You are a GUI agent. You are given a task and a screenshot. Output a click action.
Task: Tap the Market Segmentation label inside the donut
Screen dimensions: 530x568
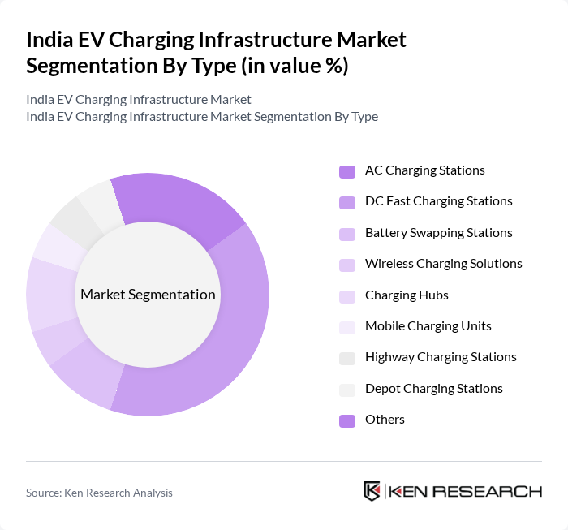148,295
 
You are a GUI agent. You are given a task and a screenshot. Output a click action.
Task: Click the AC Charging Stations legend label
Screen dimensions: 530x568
424,170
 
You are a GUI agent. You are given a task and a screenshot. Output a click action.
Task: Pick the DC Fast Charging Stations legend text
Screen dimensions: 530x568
438,201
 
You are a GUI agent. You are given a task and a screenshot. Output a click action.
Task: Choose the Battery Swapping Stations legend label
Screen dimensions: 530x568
438,233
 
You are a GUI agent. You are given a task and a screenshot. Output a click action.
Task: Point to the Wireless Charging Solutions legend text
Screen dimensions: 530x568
443,264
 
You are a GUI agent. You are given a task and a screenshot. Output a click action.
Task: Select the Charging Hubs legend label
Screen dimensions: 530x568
407,295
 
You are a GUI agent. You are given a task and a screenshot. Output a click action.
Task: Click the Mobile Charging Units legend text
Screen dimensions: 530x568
428,326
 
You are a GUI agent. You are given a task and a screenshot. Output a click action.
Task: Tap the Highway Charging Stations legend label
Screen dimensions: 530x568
441,357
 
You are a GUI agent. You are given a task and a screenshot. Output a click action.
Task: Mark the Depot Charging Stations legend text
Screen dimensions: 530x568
433,389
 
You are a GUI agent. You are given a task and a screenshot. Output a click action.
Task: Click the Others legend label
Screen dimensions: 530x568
385,420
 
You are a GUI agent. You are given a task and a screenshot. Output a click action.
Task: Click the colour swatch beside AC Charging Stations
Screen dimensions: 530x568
346,171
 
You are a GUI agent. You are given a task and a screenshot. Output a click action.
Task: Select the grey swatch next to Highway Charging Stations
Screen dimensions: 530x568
346,358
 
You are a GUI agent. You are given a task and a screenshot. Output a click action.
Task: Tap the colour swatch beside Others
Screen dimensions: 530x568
346,420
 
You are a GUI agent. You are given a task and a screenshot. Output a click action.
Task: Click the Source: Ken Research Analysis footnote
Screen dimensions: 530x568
99,493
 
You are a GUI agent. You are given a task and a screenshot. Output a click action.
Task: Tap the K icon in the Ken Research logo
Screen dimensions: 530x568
372,491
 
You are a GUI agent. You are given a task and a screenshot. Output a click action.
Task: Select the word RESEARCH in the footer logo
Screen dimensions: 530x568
495,491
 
